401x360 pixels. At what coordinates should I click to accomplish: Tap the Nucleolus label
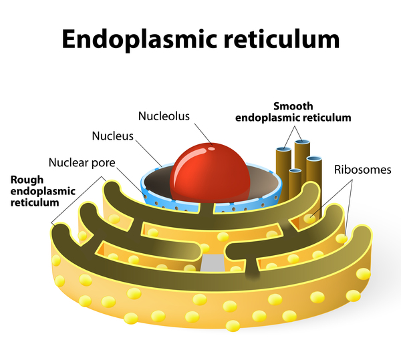tap(164, 116)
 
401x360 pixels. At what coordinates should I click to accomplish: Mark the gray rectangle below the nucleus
tap(213, 262)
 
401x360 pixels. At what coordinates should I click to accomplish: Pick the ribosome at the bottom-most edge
tap(233, 326)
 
